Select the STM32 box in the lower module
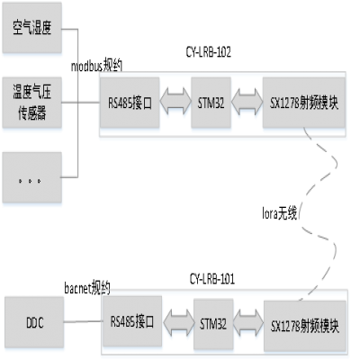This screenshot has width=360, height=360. click(212, 323)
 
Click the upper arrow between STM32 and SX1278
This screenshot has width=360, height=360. click(246, 102)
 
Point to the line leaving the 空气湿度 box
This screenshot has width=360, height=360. click(72, 30)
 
